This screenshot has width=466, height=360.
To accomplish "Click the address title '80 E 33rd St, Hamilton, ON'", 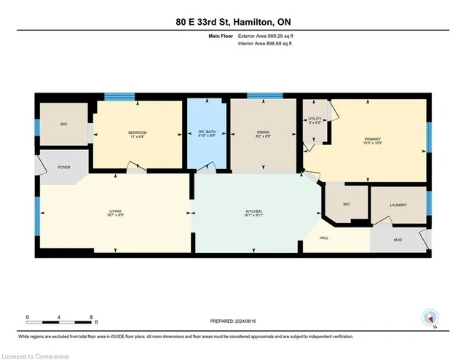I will point(233,23).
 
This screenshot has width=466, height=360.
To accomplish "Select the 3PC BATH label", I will point(207,132).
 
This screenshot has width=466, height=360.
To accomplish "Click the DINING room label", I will point(263,133).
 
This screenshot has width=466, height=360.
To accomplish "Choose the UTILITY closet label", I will point(315,119).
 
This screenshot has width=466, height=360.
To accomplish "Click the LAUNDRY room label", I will point(398,206).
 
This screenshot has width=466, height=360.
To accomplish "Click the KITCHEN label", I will point(253,212).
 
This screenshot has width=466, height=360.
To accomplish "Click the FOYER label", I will point(63,167).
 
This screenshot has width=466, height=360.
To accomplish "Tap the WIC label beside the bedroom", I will point(63,123).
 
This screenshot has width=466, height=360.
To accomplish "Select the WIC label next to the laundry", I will point(347,205).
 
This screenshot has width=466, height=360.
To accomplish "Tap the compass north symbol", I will point(430,318).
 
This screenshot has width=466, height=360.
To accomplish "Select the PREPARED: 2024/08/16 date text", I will point(233,321).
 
